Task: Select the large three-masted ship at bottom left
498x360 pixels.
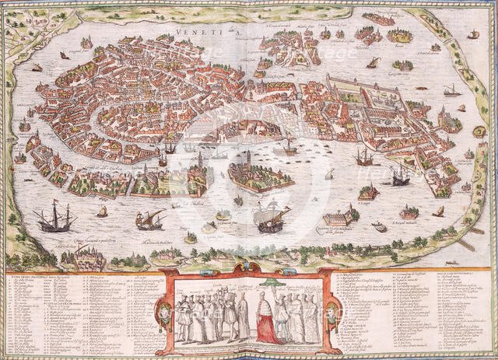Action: pos(54,218)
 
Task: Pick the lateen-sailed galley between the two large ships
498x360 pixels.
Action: pos(149,220)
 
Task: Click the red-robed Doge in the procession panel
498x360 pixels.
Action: pos(267,320)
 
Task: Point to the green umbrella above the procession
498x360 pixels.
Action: pos(271,283)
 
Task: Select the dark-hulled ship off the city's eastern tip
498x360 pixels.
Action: pos(400,177)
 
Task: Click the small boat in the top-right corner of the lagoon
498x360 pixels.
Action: pos(472,34)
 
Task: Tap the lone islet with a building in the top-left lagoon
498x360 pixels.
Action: pos(86,42)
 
